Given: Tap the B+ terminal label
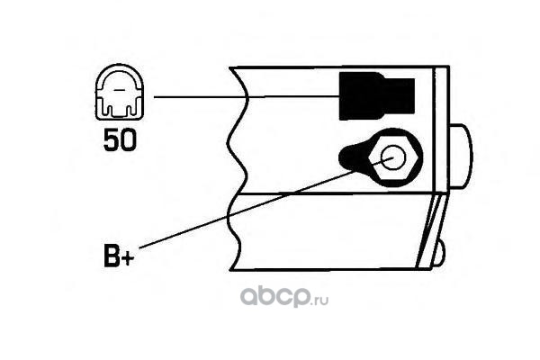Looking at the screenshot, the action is (x=118, y=259).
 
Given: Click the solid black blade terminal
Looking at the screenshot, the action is (x=375, y=96).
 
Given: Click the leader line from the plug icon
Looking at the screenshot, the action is (x=243, y=96).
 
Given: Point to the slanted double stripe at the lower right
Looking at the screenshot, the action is (x=430, y=229).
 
